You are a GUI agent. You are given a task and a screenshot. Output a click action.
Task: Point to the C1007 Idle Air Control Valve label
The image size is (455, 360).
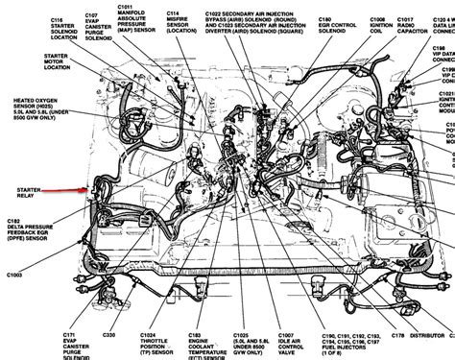(283, 342)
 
